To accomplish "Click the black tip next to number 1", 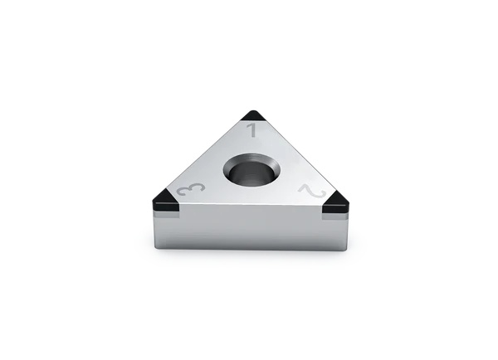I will pos(252,116).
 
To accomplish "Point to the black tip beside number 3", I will pos(163,202).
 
